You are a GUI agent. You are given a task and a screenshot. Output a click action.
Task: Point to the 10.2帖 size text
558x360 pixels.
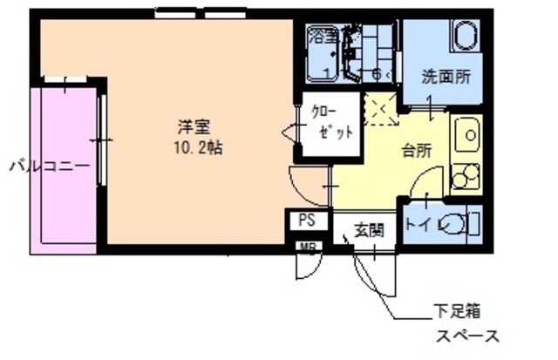coord(197,147)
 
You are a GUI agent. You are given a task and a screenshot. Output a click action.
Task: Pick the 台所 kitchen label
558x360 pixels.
coord(416,150)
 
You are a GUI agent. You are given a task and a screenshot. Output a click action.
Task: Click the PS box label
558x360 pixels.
coord(306,221)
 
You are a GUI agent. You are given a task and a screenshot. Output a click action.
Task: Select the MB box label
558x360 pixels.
coord(308,248)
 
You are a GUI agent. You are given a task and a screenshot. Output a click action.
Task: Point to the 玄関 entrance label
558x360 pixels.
coord(368,231)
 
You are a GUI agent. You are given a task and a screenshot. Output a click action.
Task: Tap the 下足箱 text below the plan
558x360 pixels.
coord(455,309)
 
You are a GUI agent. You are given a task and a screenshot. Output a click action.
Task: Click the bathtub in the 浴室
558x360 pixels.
coord(327,58)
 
